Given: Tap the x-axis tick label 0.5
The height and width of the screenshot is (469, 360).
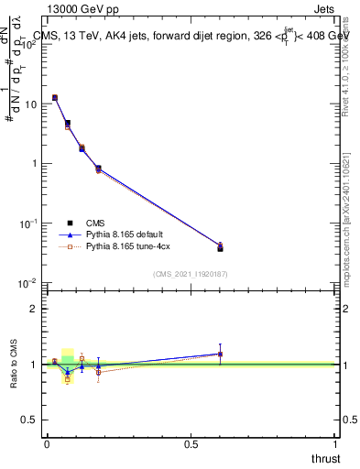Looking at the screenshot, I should click(x=191, y=443).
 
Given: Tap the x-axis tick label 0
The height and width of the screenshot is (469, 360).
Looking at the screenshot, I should click(x=47, y=443).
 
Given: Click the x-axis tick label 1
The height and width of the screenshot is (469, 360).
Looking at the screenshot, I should click(x=336, y=443).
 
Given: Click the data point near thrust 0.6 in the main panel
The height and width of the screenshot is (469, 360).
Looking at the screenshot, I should click(x=220, y=246).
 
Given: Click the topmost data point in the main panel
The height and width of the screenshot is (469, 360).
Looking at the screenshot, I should click(x=55, y=97).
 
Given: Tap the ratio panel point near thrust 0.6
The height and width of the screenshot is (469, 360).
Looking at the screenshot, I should click(x=220, y=354).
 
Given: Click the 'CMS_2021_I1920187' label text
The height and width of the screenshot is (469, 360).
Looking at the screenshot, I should click(x=190, y=273).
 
